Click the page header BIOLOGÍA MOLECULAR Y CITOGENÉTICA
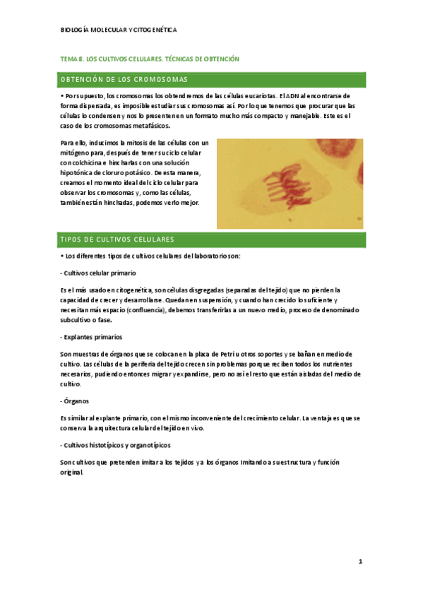(119, 30)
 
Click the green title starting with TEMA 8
(150, 59)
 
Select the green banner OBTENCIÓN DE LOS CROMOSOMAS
(124, 79)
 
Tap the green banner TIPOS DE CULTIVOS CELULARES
(118, 239)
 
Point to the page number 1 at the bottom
(360, 562)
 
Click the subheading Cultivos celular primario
(99, 273)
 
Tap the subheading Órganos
(73, 401)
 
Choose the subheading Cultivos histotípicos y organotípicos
(116, 446)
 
